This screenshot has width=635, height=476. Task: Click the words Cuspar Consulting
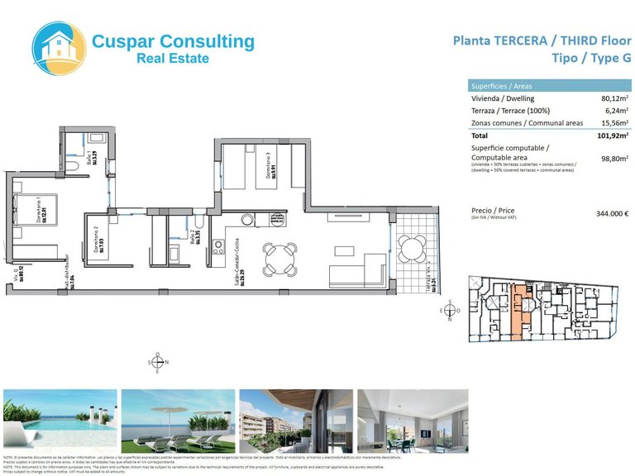click(x=173, y=40)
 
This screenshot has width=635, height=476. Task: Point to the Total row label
click(x=480, y=135)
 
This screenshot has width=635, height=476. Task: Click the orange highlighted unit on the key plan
click(x=519, y=311)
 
